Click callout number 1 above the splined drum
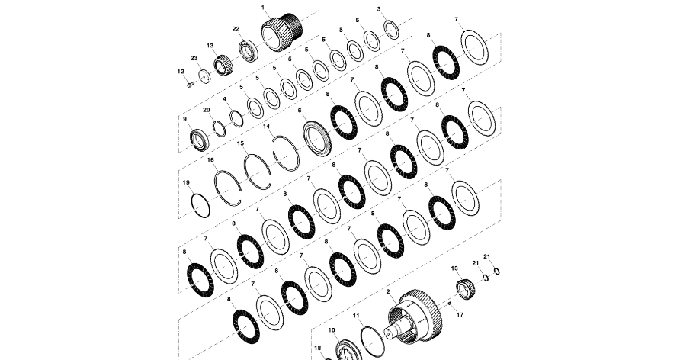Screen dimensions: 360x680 pos(263,7)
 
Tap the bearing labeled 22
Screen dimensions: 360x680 pos(249,51)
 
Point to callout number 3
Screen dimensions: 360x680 pos(379,9)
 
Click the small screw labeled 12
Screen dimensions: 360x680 pos(189,84)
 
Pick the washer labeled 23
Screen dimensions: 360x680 pos(204,76)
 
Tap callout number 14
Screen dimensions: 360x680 pos(267,127)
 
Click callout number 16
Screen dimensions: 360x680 pos(210,160)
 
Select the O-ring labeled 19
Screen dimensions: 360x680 pos(199,206)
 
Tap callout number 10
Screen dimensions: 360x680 pos(332,330)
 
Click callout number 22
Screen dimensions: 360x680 pos(236,29)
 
